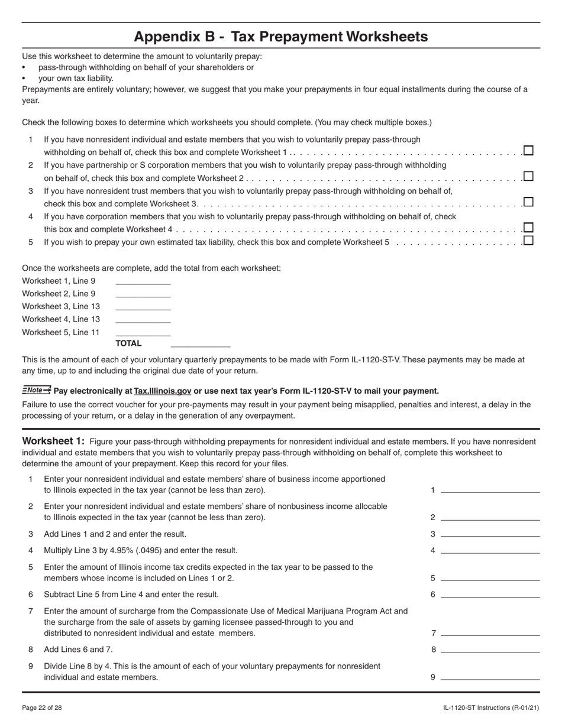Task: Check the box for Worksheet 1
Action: pos(528,151)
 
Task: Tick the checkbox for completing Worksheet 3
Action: pos(528,202)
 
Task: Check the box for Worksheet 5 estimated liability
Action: pos(528,240)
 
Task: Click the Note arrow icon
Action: pos(37,390)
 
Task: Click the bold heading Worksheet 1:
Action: pos(53,441)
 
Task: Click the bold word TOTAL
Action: pos(128,343)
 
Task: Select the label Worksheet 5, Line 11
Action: pos(61,332)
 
